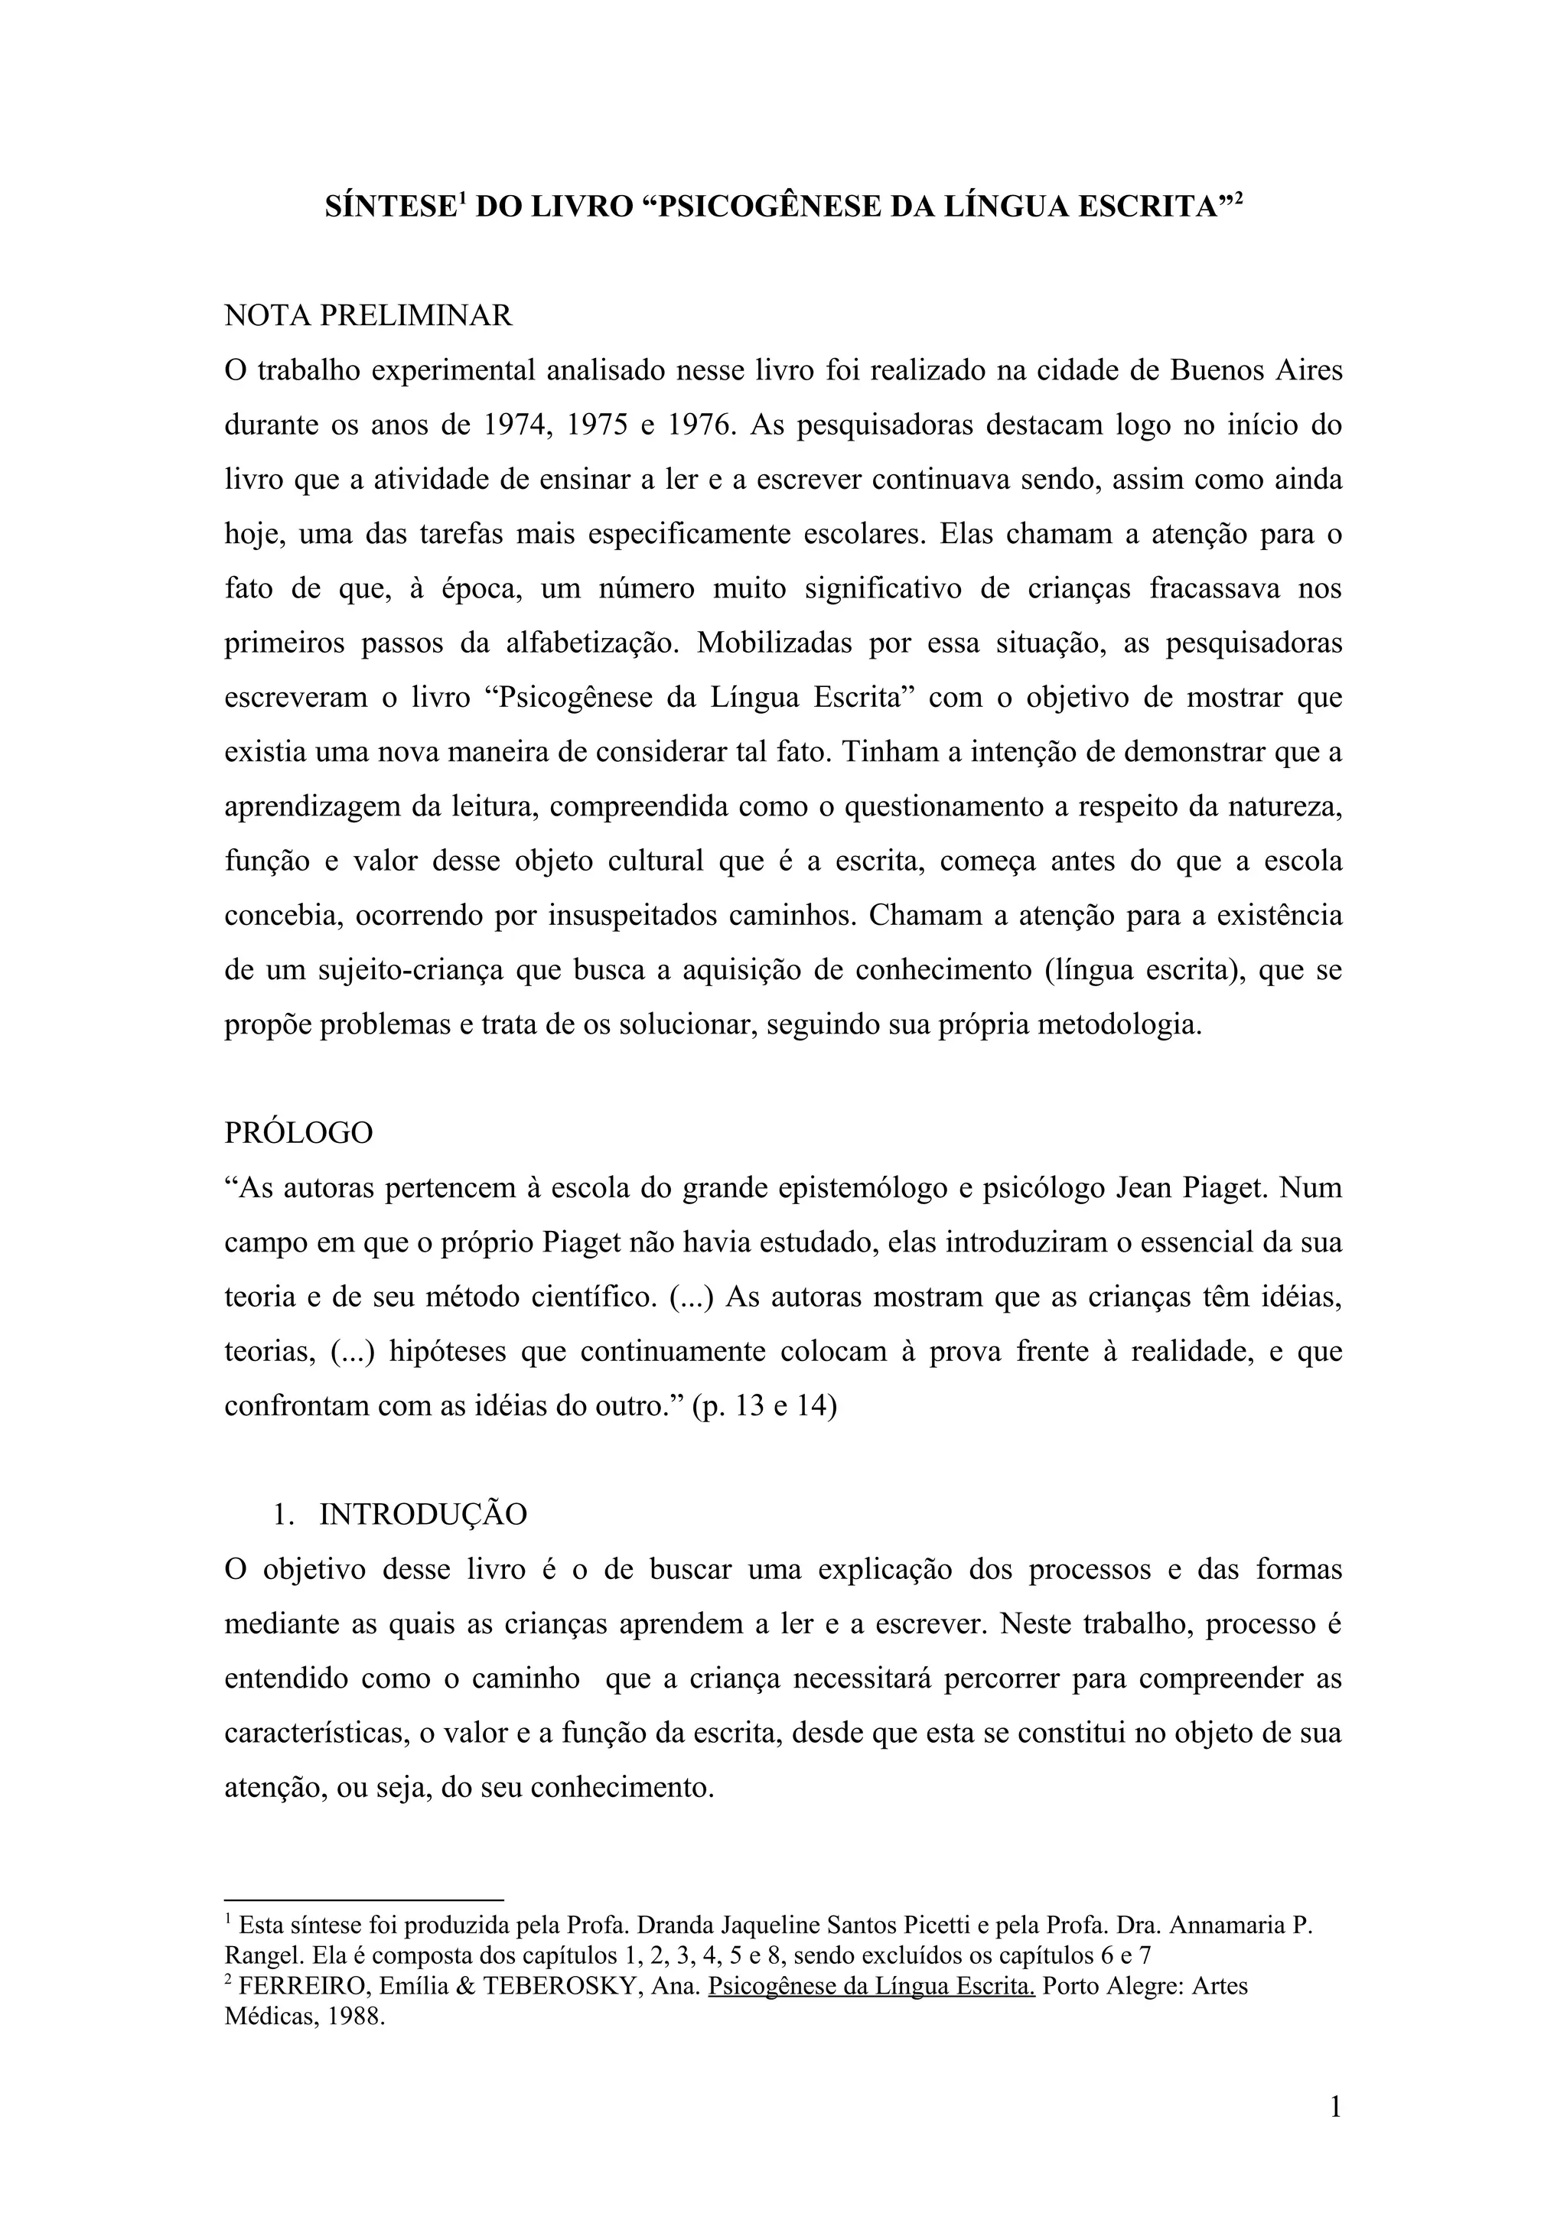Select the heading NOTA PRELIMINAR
click(x=368, y=316)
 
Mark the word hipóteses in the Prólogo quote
click(x=449, y=1351)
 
